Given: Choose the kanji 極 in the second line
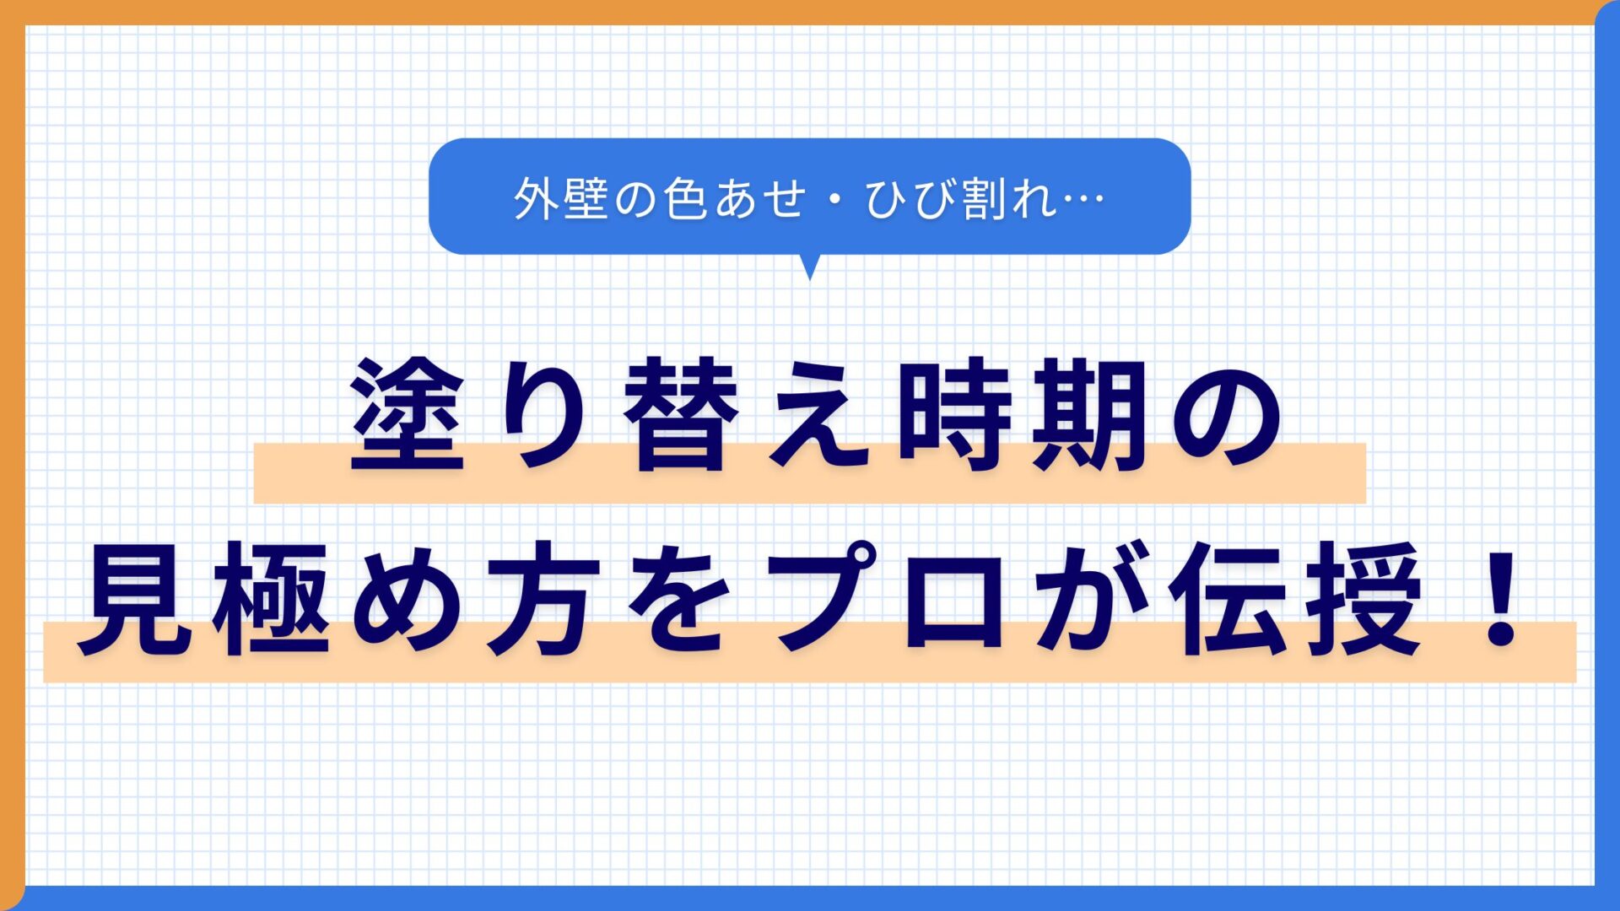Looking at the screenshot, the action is (x=271, y=599).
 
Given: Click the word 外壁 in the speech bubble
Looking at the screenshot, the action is (x=561, y=199).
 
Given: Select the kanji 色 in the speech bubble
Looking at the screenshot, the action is (x=684, y=199).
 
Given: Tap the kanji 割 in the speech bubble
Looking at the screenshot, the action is (x=986, y=199).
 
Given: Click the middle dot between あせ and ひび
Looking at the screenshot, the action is (x=834, y=200).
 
